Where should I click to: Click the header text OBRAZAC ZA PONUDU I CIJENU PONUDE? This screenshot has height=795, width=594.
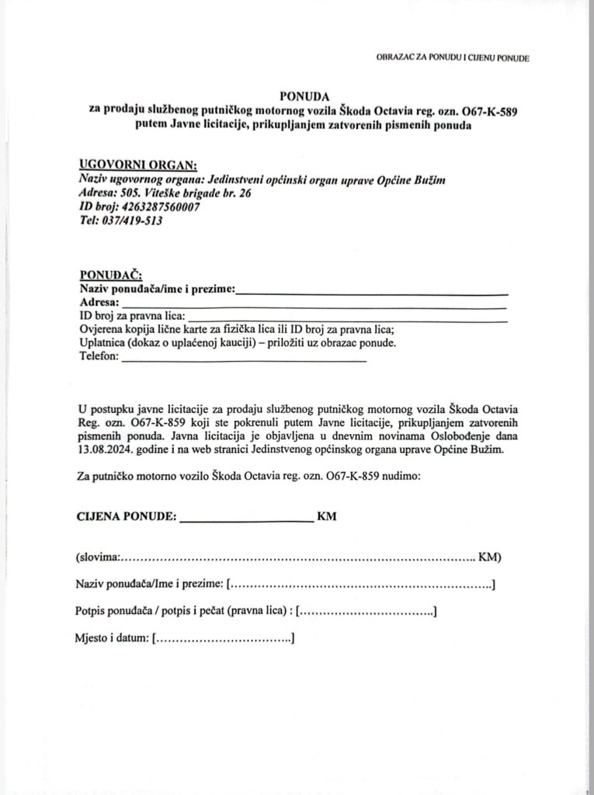[452, 59]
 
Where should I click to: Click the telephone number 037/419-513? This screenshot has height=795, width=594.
[131, 220]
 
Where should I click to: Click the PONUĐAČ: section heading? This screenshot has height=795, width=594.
[109, 276]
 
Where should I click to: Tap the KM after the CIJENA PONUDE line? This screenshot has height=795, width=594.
[327, 516]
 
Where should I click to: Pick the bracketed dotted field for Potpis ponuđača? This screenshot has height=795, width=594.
[366, 612]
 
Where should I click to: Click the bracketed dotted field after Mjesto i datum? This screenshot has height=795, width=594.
[224, 639]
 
